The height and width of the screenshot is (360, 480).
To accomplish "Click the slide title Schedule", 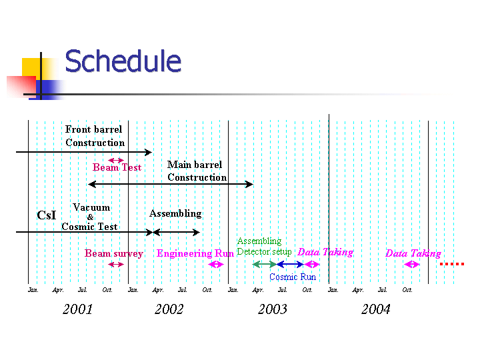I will point(123,61).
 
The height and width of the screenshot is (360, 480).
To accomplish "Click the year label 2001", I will point(78,309).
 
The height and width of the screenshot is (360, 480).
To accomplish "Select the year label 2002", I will point(169,309).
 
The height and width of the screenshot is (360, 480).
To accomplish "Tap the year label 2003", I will point(272,309).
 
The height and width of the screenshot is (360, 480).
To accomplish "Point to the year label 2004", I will point(375,309).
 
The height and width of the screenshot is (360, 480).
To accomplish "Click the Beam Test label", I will point(117,167).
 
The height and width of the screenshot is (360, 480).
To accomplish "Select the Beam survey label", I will point(114,253).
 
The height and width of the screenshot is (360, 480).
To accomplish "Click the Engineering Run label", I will point(195,253).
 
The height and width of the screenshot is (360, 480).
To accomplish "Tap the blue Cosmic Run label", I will point(293,277).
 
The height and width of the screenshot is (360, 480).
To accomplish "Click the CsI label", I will point(46,215).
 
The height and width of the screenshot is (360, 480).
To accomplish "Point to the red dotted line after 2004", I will point(451,264).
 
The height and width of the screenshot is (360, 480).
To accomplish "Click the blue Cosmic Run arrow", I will point(290,265).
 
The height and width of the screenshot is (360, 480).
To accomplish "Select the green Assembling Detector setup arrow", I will point(264,265).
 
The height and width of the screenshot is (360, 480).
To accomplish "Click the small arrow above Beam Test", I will point(116,160).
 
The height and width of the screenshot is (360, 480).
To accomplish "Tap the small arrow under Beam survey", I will point(116,265).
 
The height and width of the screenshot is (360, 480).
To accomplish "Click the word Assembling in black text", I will point(175,213).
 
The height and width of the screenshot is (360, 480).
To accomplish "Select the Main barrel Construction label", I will point(197,171).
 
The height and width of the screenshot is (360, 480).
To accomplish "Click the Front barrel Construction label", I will point(95,136).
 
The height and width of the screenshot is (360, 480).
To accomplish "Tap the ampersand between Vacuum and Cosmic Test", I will point(91,217).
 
